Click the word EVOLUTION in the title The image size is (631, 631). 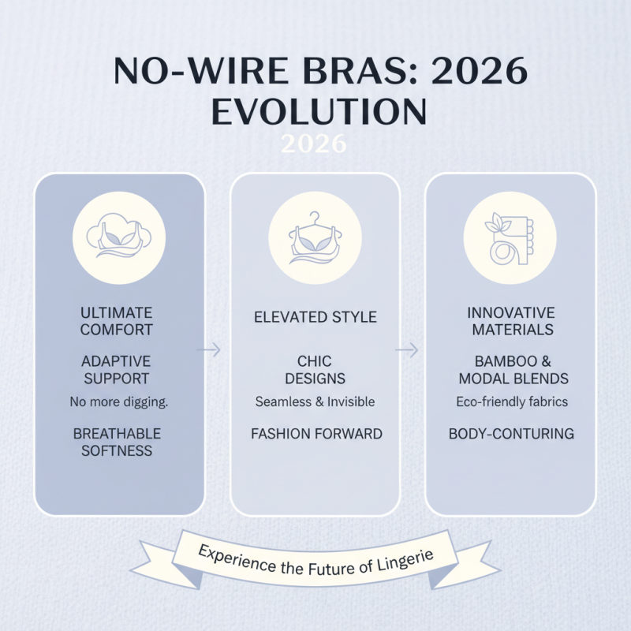tap(319, 111)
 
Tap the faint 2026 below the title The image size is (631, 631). tap(314, 144)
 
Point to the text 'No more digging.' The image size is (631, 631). tap(119, 402)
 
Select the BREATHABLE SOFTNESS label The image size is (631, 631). tap(117, 442)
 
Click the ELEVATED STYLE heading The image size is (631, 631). tap(315, 318)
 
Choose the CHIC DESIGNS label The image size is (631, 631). tap(315, 370)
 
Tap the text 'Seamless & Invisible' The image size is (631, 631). tap(315, 402)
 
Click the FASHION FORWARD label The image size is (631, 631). tap(316, 434)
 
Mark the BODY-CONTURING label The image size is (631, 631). tap(511, 434)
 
